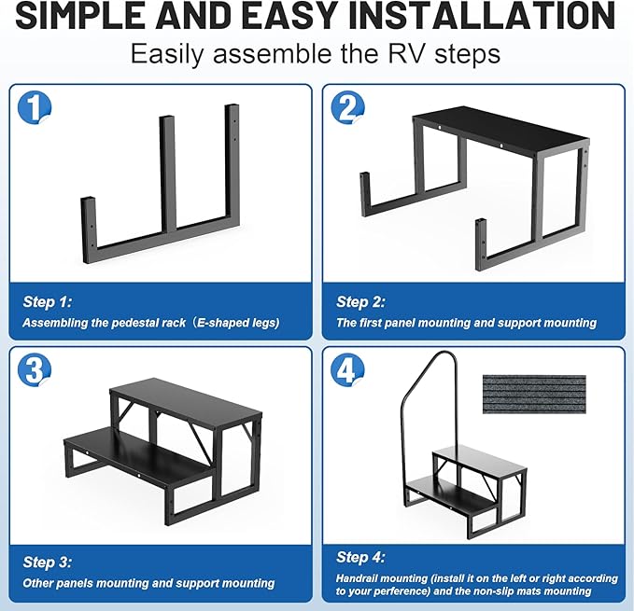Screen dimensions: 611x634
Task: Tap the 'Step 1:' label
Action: tap(47, 301)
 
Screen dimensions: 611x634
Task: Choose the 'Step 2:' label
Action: tap(359, 301)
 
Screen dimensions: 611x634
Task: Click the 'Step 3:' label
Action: tap(47, 562)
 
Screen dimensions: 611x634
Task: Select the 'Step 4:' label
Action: tap(359, 557)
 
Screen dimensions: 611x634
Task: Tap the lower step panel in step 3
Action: tap(131, 457)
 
